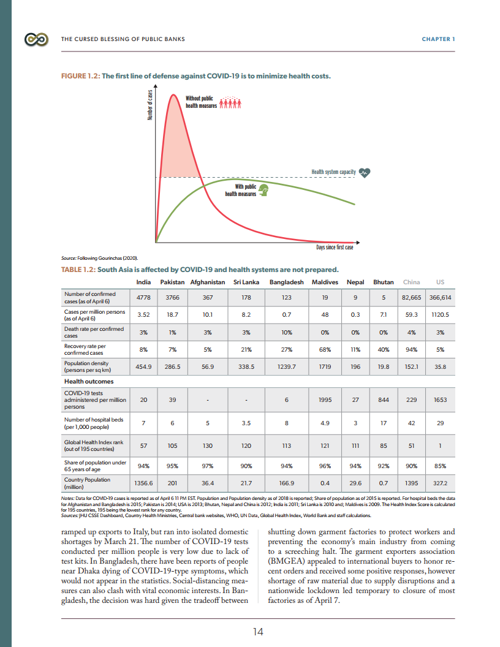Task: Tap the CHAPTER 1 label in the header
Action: click(x=438, y=40)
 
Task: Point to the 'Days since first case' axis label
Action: click(x=335, y=248)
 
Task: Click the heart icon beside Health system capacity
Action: click(x=365, y=173)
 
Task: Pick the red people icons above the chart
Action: click(x=230, y=102)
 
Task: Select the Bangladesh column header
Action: click(x=286, y=282)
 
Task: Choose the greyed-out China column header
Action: click(x=411, y=282)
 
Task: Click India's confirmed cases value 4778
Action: click(x=144, y=297)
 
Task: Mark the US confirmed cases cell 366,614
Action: click(x=439, y=297)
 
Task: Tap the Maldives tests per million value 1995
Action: click(x=325, y=399)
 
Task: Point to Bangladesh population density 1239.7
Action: click(x=286, y=366)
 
